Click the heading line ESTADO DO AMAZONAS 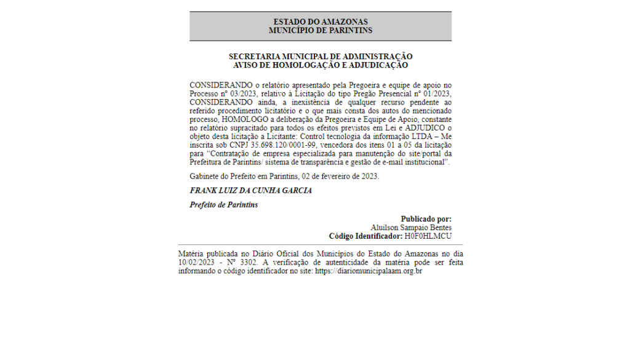click(320, 22)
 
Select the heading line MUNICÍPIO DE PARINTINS click(320, 30)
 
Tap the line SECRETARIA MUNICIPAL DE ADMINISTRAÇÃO click(320, 57)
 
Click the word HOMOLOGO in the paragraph click(248, 119)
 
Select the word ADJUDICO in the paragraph click(426, 128)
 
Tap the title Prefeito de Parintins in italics click(223, 204)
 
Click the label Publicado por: click(426, 219)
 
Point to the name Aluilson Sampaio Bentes click(411, 228)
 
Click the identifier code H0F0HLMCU click(428, 236)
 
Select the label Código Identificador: click(365, 236)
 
